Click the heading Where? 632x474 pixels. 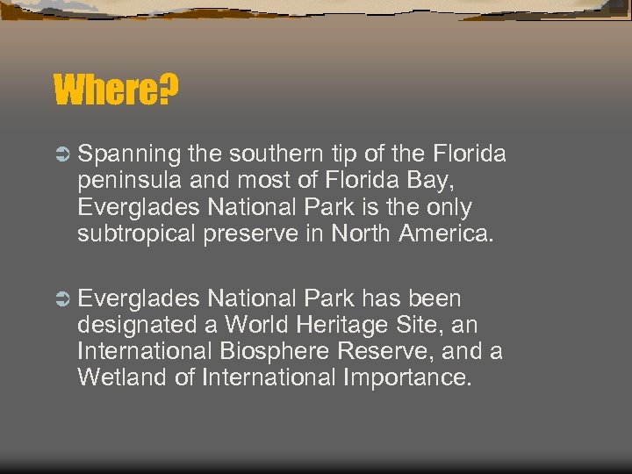tap(117, 89)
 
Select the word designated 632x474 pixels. tap(138, 326)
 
